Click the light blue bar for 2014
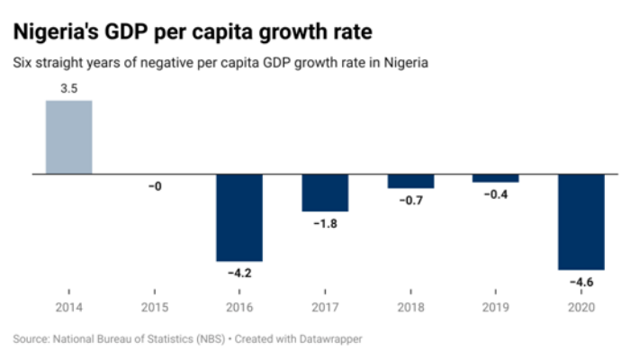point(68,136)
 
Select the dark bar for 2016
point(239,216)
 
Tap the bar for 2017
point(325,192)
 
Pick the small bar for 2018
point(410,180)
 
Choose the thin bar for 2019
point(496,177)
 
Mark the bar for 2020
point(581,220)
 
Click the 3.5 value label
point(68,90)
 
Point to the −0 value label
point(154,186)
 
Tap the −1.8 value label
point(325,223)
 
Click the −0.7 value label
point(410,200)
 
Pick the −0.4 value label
point(496,194)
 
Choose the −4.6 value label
point(581,283)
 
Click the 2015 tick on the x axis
point(154,307)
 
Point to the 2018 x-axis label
point(410,307)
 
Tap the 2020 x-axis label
point(581,307)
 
